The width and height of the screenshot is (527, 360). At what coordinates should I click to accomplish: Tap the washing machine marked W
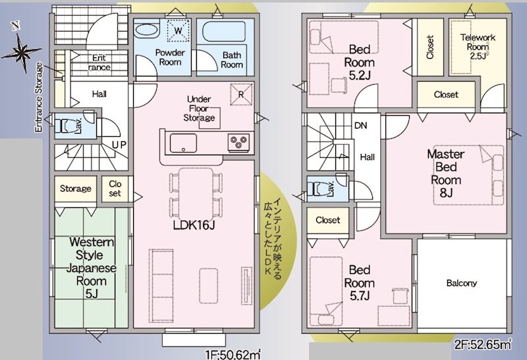[179, 31]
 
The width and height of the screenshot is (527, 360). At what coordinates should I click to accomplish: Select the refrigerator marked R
[241, 94]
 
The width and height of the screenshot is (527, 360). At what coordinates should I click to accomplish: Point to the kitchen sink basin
[183, 143]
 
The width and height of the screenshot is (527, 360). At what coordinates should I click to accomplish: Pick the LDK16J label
[194, 225]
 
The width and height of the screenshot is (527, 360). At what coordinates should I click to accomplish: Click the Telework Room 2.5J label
[478, 47]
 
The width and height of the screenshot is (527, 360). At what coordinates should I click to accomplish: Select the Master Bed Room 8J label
[446, 173]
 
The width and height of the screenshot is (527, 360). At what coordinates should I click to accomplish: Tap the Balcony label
[462, 283]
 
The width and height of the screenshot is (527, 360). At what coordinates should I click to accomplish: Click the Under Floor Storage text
[200, 109]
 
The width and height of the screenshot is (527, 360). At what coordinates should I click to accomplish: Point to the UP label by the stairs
[119, 145]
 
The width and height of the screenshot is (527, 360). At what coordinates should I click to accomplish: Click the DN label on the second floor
[361, 126]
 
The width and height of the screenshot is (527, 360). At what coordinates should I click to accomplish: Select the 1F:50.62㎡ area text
[234, 355]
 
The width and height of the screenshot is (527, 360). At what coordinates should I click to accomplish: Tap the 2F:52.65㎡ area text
[483, 344]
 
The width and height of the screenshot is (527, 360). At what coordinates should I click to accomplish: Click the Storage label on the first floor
[76, 188]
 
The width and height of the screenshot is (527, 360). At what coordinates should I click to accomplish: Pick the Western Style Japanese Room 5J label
[92, 268]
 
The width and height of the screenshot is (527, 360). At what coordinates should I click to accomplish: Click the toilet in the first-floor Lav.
[67, 126]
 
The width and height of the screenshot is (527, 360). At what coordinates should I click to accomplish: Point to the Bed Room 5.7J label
[359, 283]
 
